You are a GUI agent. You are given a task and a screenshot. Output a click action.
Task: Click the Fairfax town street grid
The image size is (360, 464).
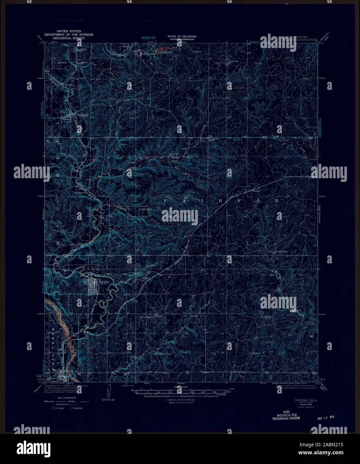point(94,288)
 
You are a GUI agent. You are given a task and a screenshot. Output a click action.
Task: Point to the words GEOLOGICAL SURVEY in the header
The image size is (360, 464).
point(69,38)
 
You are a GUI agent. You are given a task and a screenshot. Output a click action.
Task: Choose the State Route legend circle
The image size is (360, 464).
point(71,408)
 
